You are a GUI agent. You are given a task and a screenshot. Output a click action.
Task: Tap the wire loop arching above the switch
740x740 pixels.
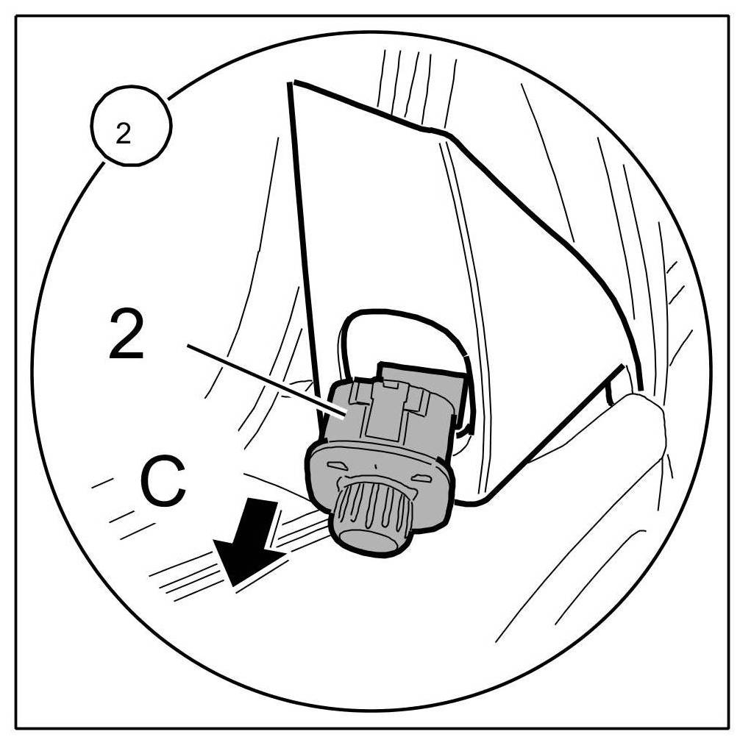(405, 324)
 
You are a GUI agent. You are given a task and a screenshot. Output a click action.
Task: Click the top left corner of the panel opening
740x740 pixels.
(291, 85)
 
